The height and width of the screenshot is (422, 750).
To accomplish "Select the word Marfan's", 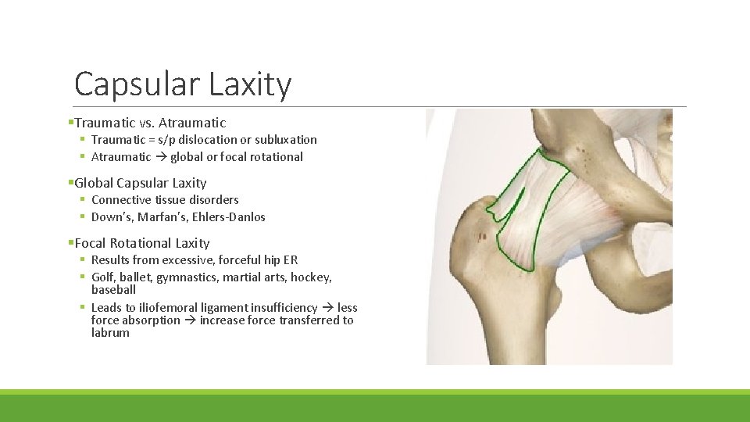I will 166,217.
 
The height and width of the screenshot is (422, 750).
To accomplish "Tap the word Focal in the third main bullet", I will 91,243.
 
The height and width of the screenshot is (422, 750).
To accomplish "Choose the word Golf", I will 103,277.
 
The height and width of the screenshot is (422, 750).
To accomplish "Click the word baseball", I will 113,290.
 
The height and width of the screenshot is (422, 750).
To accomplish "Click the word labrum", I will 110,333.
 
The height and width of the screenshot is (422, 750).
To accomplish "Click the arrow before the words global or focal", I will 161,157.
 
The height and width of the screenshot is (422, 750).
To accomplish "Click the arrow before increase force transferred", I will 190,320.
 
